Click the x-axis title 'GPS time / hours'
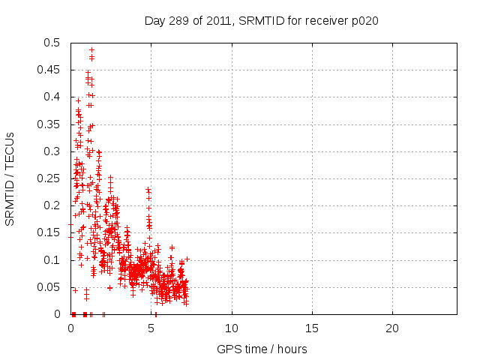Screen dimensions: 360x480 pyautogui.click(x=262, y=349)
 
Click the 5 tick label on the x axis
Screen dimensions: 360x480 pyautogui.click(x=151, y=328)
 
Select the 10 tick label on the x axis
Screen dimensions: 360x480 pyautogui.click(x=232, y=328)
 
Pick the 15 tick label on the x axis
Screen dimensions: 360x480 pyautogui.click(x=312, y=328)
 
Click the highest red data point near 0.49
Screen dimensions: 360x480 pyautogui.click(x=91, y=50)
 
